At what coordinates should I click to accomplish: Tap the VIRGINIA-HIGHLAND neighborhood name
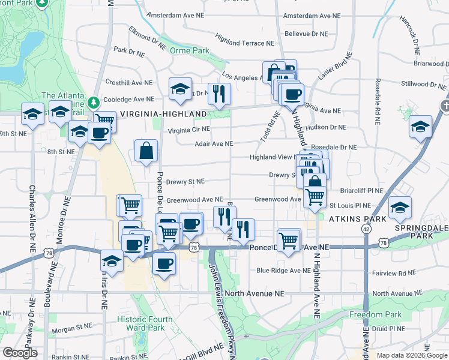click(x=163, y=113)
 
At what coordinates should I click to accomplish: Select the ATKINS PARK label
click(x=358, y=220)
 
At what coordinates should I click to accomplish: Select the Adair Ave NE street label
click(x=213, y=144)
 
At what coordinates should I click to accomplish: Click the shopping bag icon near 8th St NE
click(x=146, y=151)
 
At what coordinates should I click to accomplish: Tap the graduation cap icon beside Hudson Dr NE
click(x=421, y=127)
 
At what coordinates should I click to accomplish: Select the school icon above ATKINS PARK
click(x=400, y=208)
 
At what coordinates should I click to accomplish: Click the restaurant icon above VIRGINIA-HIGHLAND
click(x=219, y=93)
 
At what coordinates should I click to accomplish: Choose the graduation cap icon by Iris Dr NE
click(x=112, y=260)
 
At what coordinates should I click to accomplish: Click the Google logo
click(x=20, y=353)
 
